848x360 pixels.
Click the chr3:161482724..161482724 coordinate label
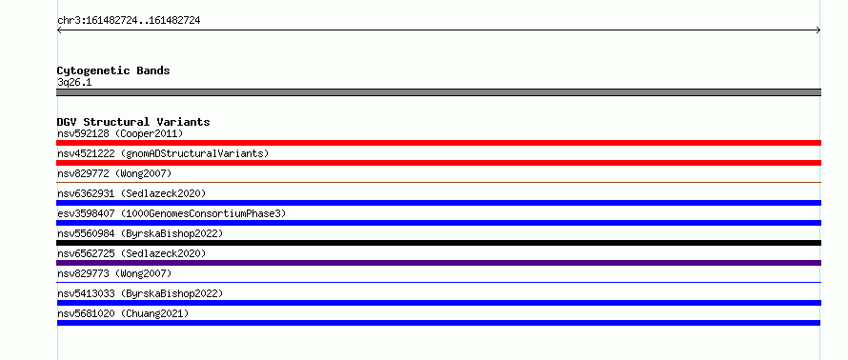click(129, 21)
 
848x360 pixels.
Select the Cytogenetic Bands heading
click(113, 70)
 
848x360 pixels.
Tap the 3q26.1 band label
click(74, 83)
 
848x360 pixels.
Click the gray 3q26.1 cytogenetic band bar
click(438, 92)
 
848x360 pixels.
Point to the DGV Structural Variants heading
click(133, 122)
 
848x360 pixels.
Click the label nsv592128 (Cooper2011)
click(120, 133)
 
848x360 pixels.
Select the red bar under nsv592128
click(438, 143)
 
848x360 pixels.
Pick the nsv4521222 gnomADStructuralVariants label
click(163, 153)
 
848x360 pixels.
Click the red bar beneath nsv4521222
click(438, 163)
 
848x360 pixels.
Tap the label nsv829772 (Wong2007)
click(114, 173)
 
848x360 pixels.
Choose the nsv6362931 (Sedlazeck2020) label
click(131, 193)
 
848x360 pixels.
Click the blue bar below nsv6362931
click(438, 203)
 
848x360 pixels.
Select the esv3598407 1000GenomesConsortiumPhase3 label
click(172, 213)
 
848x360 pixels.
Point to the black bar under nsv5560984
click(438, 243)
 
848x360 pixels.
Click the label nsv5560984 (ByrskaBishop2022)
click(140, 233)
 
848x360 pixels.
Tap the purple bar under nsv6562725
click(438, 263)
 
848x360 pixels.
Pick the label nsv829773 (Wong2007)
click(114, 273)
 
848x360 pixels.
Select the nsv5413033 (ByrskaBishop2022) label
click(140, 293)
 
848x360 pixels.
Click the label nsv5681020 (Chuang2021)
click(123, 313)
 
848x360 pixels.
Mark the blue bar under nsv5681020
click(438, 323)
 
